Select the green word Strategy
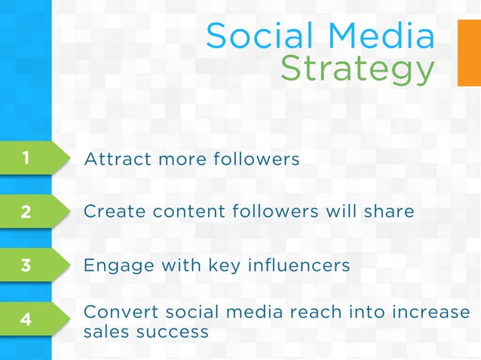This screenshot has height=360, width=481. (x=357, y=70)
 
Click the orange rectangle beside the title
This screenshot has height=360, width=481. (x=469, y=53)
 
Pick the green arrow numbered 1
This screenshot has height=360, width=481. (x=30, y=158)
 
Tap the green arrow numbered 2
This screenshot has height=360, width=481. (x=30, y=212)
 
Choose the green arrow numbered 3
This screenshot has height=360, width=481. (x=30, y=265)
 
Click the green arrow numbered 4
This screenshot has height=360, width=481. (x=30, y=319)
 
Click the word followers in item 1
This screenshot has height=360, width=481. (x=257, y=160)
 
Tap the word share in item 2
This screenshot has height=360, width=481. (x=388, y=212)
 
